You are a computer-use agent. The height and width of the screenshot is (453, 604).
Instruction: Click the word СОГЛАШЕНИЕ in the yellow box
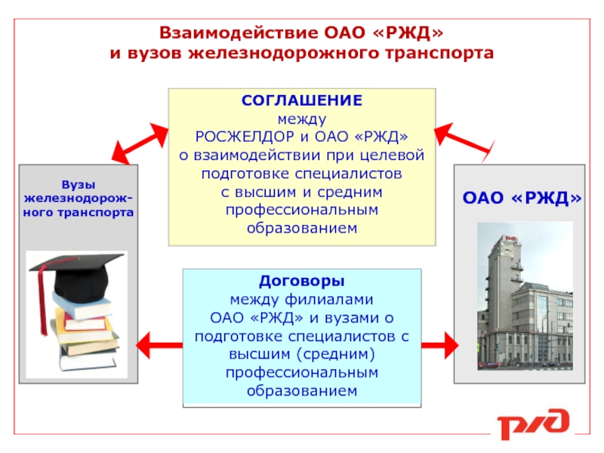pos(301,100)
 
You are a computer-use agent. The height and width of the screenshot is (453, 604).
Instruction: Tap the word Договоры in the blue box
pos(301,281)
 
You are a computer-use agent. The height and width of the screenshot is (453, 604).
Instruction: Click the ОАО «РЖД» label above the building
pos(522,198)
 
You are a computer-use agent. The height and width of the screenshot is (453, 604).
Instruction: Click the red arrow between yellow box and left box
pos(140,143)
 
